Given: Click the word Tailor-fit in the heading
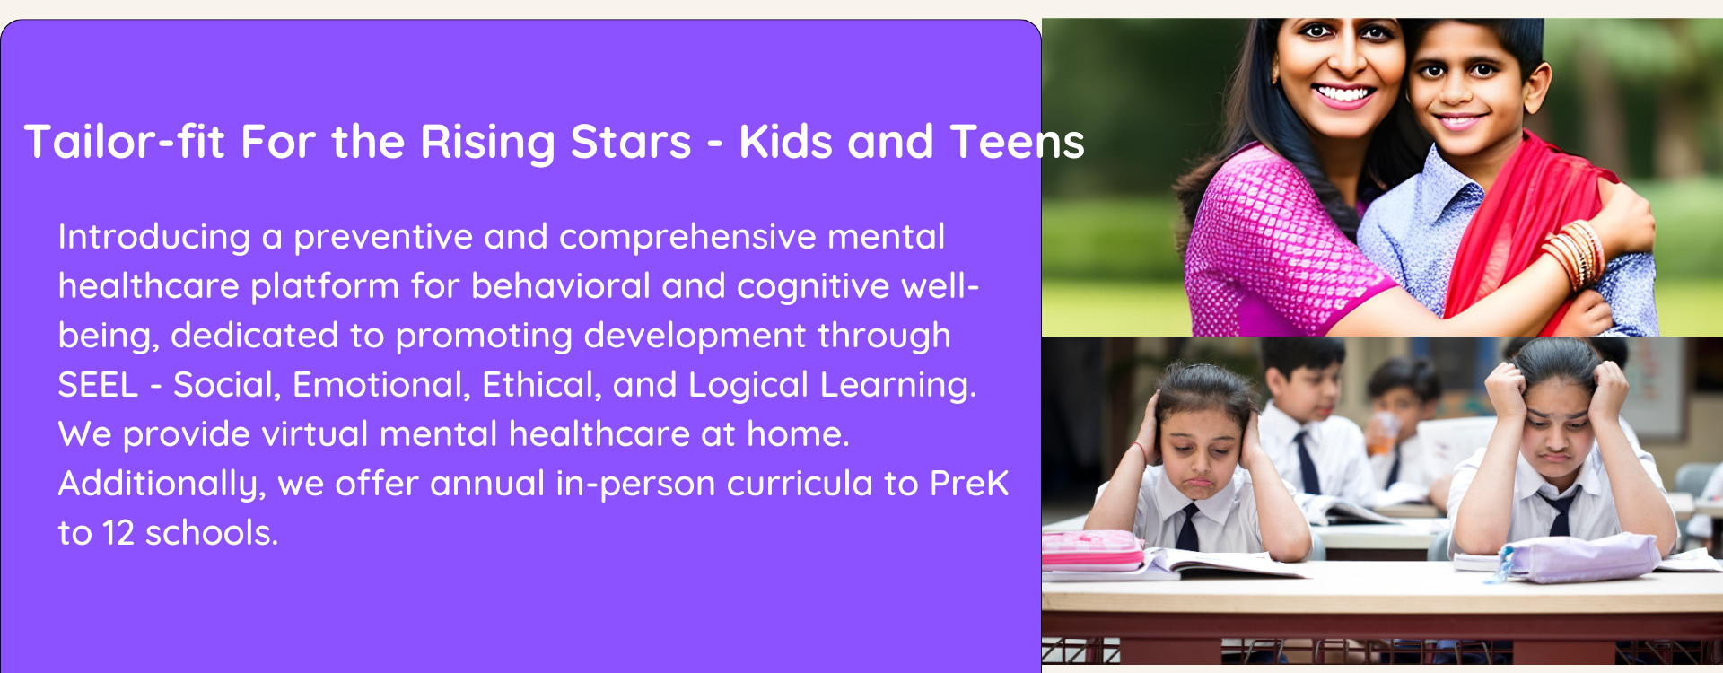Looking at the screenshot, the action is point(124,142).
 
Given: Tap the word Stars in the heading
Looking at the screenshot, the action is point(631,142).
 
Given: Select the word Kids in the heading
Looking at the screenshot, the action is point(786,142).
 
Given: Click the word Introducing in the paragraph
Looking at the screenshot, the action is point(154,238).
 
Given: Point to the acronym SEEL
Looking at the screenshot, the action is point(98,385).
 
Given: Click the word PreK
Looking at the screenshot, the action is point(969,484).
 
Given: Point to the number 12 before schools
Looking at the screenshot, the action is point(118,533).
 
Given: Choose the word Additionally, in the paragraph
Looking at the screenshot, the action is point(162,485).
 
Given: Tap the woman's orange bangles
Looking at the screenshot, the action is point(1575,254).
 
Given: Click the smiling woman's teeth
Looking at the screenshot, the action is point(1343,93).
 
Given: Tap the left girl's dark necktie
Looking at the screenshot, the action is point(1188,527).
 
